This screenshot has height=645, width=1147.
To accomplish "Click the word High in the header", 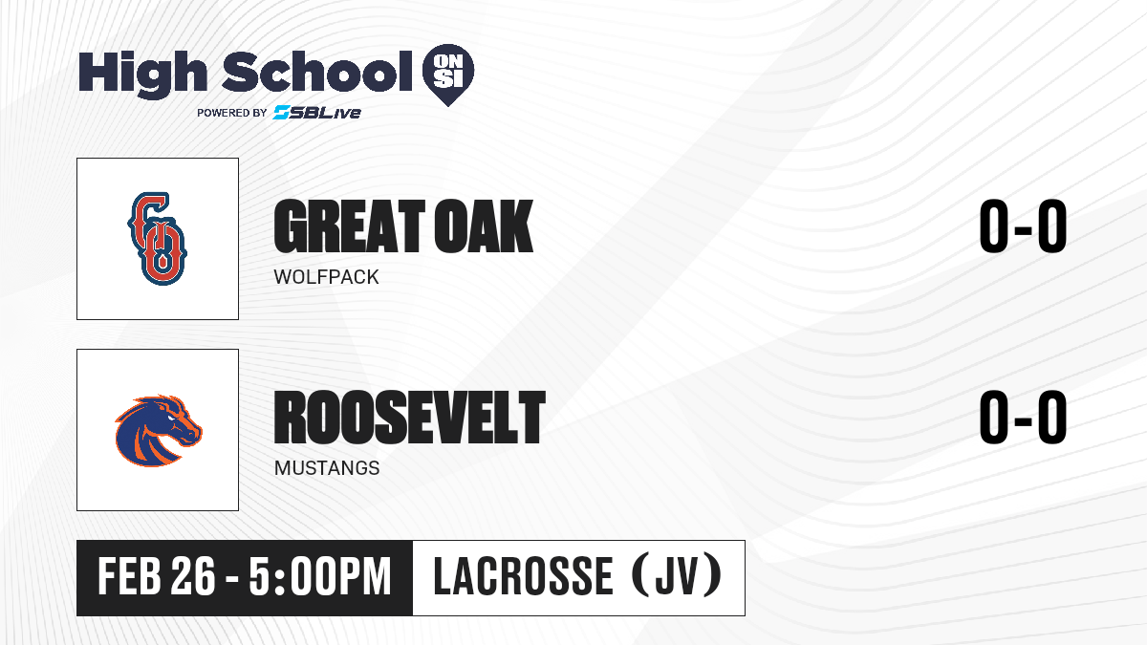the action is [142, 75].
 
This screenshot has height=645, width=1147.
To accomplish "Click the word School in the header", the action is [317, 72].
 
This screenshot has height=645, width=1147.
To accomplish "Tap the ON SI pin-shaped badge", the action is [448, 75].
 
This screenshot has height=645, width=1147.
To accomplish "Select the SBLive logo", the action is [317, 113].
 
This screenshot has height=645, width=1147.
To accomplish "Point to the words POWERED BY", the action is [232, 113].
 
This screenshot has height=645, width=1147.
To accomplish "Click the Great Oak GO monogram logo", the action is [157, 239].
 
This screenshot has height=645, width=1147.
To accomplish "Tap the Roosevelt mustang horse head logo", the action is [159, 431].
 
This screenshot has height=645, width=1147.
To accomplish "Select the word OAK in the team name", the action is [484, 226].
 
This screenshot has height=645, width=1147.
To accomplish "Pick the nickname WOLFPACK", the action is [326, 277].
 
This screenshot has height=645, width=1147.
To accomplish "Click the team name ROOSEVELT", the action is [410, 418].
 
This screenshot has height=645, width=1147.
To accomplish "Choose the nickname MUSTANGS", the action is [327, 468].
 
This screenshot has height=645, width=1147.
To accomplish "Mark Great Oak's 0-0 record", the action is [1023, 226].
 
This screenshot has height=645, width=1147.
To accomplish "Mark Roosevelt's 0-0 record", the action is [1023, 417].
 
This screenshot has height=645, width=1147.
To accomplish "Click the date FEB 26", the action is [157, 577].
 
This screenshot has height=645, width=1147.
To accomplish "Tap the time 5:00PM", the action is [320, 577].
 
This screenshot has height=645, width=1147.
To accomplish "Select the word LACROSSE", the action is [524, 576].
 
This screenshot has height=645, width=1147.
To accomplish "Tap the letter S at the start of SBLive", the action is [282, 113].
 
